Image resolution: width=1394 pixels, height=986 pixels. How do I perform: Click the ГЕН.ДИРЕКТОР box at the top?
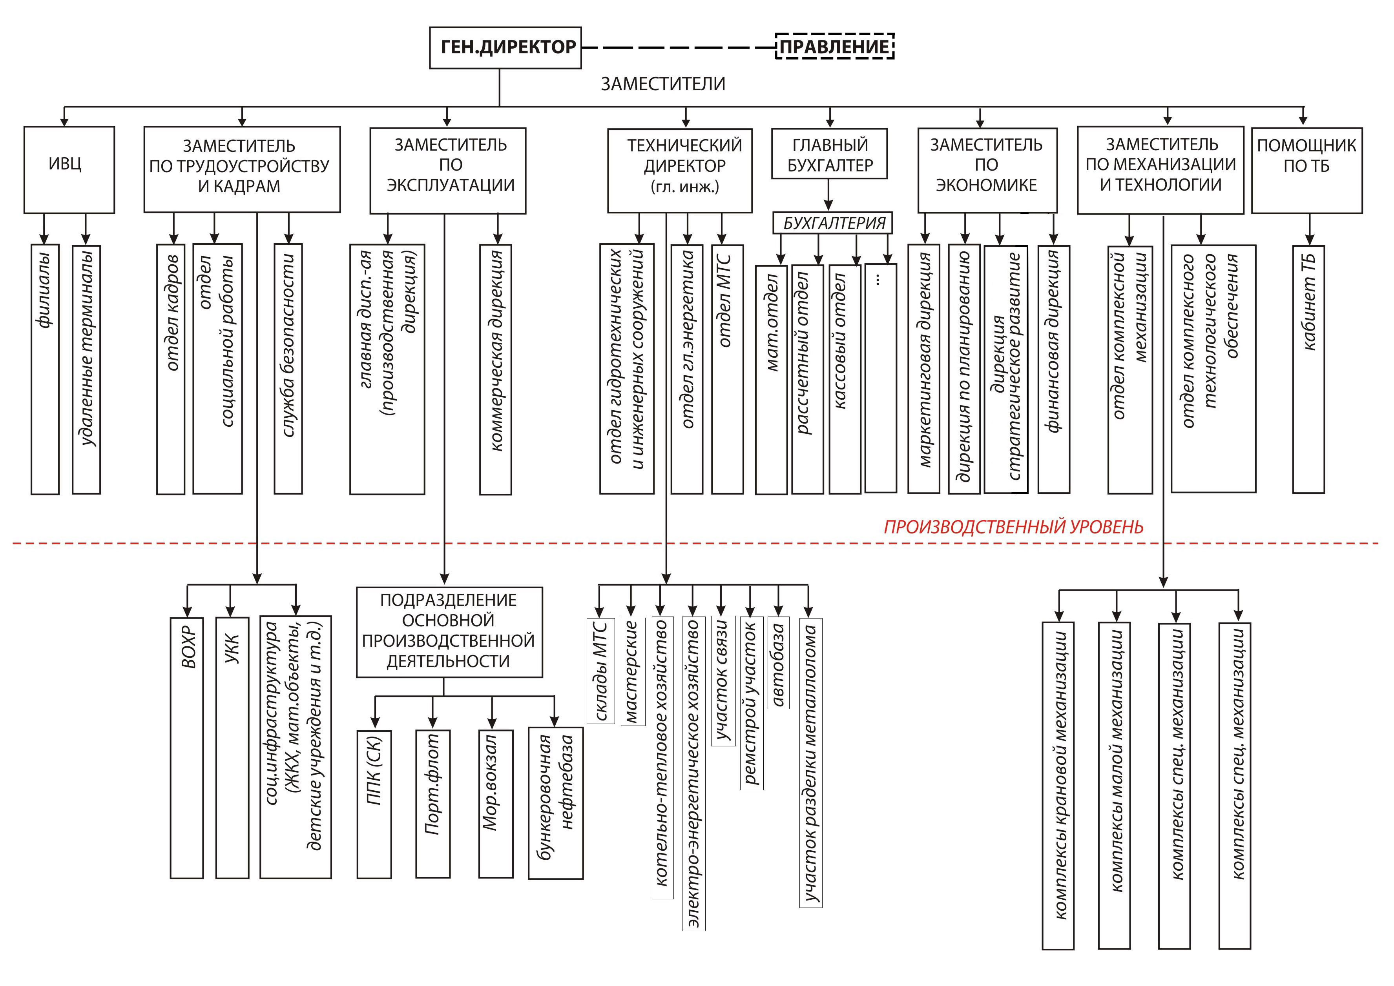tap(505, 47)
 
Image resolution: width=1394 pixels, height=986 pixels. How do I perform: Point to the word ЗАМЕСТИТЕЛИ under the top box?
tap(663, 84)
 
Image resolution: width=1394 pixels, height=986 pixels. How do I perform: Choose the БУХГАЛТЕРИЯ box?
tap(833, 223)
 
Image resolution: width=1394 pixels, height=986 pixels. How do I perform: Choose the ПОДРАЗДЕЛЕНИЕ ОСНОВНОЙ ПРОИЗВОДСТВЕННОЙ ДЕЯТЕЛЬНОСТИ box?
tap(449, 632)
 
